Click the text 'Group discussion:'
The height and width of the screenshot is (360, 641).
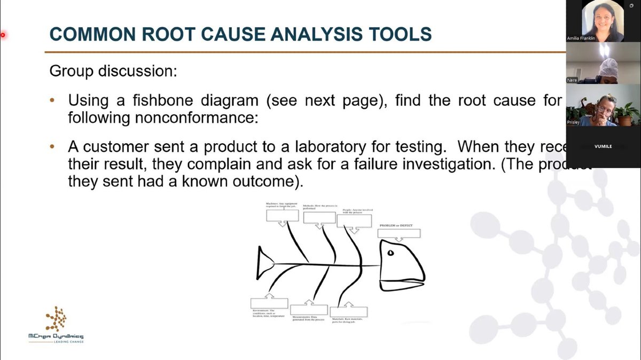coord(113,71)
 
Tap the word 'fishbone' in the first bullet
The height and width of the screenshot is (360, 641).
coord(177,100)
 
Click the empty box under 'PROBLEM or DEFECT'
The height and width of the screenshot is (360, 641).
coord(399,233)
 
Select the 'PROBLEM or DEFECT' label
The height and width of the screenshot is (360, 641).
coord(396,225)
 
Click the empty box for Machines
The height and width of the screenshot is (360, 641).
coord(282,215)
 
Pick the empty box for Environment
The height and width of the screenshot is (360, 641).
coord(269,303)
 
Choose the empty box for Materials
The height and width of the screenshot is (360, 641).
coord(349,312)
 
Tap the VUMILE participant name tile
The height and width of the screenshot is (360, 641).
coord(603,146)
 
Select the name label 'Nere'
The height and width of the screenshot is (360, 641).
coord(572,80)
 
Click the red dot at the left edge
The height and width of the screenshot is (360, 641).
coord(3,35)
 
